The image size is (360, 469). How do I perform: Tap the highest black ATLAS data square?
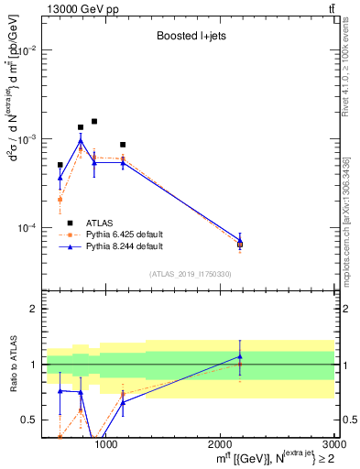(x=94, y=121)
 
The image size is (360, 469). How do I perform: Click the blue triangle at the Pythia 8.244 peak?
(x=81, y=141)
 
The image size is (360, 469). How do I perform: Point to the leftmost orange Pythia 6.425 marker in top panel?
(x=60, y=199)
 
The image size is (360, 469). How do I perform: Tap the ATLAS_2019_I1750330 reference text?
(x=191, y=273)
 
